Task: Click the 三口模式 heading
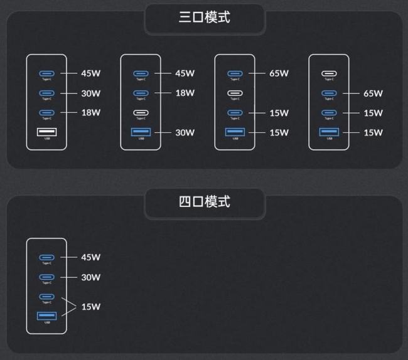(205, 17)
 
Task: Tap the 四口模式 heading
(205, 202)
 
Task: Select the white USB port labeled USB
(46, 132)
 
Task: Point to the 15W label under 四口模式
(90, 307)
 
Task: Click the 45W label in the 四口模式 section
(90, 257)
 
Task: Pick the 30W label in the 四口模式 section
(90, 277)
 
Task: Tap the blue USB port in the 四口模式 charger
(46, 316)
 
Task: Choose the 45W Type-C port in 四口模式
(46, 257)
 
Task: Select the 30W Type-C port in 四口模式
(46, 277)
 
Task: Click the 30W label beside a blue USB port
(185, 132)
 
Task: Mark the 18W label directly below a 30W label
(90, 113)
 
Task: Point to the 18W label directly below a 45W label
(185, 93)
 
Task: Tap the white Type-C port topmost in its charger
(329, 73)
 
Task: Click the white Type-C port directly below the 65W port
(235, 93)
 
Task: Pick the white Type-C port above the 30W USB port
(141, 113)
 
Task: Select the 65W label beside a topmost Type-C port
(279, 73)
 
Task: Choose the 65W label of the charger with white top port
(373, 93)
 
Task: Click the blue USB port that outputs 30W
(141, 132)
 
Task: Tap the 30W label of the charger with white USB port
(90, 93)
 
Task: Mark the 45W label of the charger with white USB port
(90, 73)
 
